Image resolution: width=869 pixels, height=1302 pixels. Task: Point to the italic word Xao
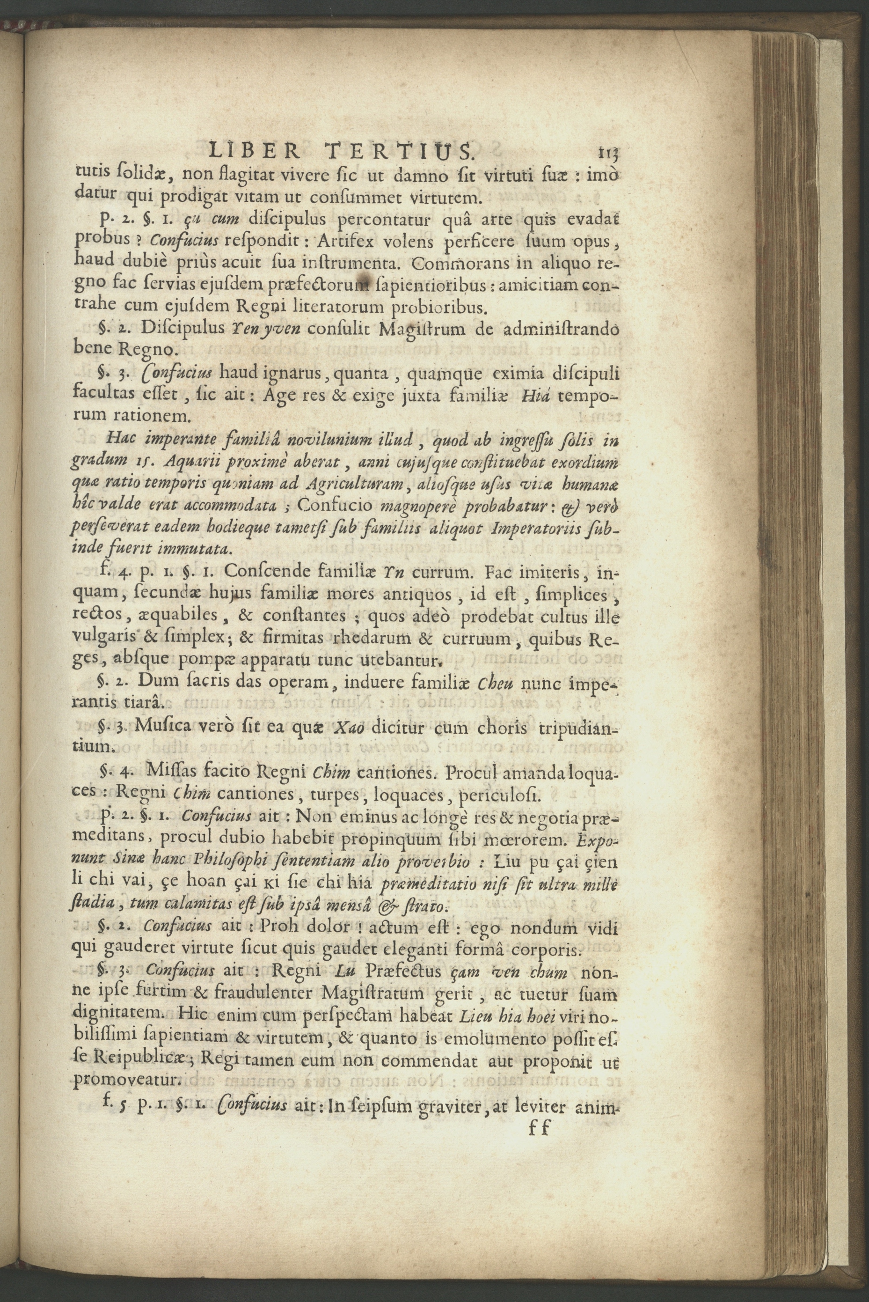(348, 727)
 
